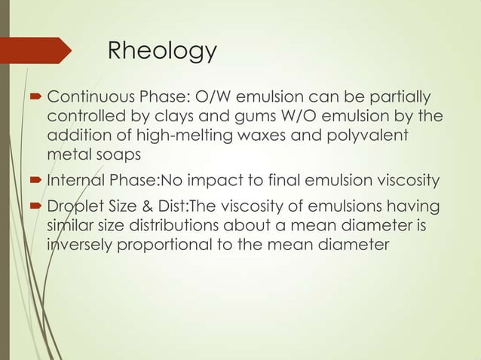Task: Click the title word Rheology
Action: pos(162,52)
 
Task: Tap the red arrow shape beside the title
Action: pos(38,50)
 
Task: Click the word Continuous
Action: pos(89,99)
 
